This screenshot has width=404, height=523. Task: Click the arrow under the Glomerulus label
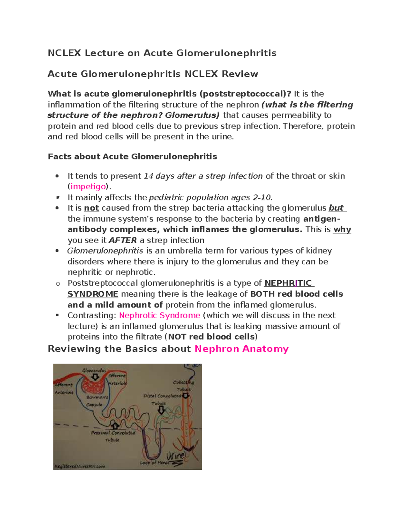tap(95, 377)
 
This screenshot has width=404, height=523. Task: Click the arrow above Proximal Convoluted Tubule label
tap(114, 425)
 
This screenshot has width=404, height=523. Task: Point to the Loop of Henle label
tap(155, 463)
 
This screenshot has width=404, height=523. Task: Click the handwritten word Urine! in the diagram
tap(176, 457)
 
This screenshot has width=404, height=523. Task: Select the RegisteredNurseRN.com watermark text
tap(80, 466)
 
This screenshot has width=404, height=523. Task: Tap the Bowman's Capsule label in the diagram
tap(97, 401)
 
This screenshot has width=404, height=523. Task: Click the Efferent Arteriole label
tap(117, 379)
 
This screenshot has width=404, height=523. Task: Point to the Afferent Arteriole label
tap(64, 388)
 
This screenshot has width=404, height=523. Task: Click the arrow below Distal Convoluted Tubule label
tap(161, 410)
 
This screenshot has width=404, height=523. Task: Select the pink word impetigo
tap(88, 187)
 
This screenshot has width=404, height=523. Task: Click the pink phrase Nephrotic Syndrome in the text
tap(160, 316)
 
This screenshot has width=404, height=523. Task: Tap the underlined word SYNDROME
tap(93, 294)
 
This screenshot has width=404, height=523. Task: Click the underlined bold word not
tap(91, 208)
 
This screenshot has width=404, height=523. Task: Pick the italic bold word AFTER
tap(123, 240)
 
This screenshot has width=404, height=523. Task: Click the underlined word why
tap(342, 230)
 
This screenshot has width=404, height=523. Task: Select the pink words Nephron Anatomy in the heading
tap(241, 349)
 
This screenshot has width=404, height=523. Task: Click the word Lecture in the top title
tap(104, 53)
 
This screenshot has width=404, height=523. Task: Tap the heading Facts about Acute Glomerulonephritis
tap(132, 157)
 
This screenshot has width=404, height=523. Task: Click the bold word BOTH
tap(262, 294)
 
